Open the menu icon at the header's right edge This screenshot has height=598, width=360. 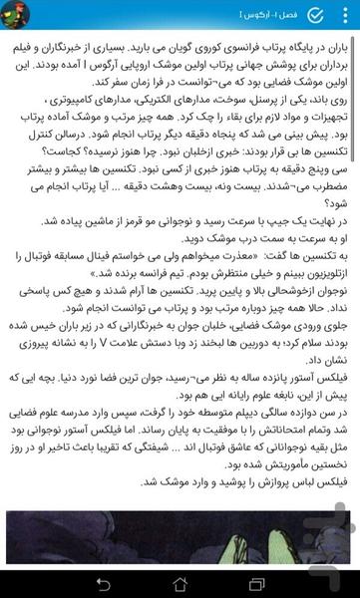pos(343,15)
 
